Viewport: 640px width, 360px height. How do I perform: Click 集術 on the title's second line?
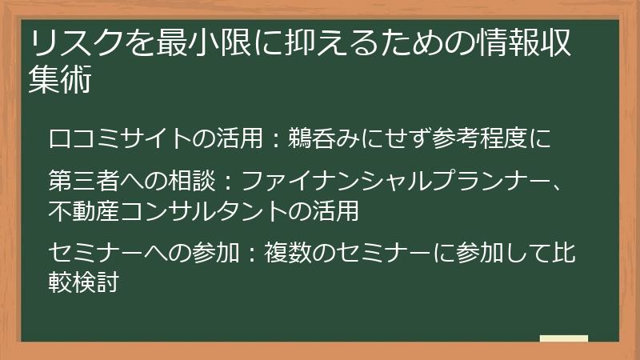(60, 81)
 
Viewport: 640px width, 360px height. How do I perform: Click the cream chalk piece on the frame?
(563, 339)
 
